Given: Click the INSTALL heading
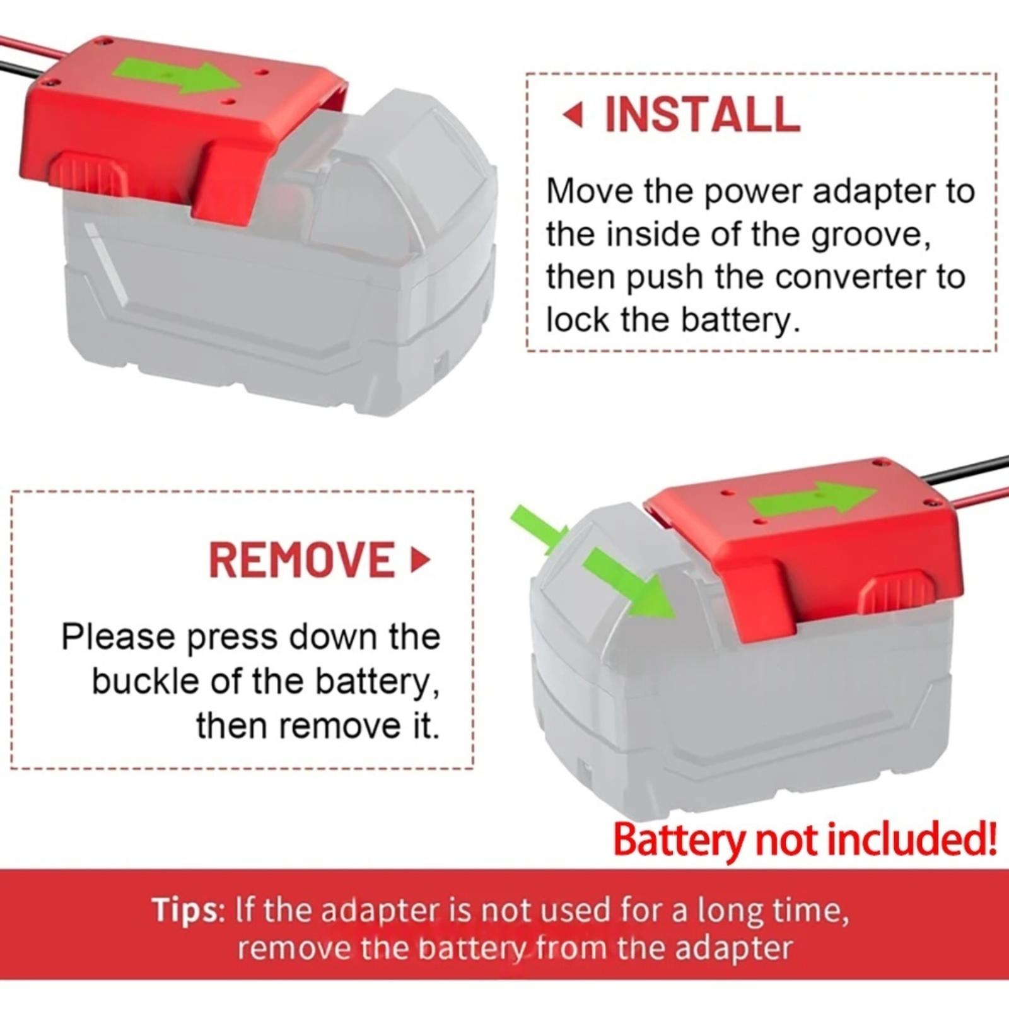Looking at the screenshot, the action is tap(702, 115).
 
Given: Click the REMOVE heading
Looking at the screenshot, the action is tap(302, 559).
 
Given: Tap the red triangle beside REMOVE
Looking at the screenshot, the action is tap(420, 559).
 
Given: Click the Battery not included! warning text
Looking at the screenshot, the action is tap(805, 840).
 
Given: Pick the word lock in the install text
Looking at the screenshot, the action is tap(578, 320).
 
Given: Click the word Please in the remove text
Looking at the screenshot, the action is tap(117, 637).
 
